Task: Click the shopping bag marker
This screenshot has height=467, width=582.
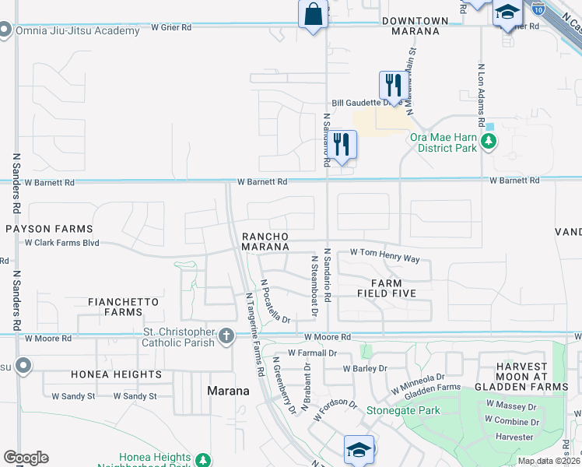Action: pos(312,16)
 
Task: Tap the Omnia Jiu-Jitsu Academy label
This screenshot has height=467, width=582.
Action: pos(75,30)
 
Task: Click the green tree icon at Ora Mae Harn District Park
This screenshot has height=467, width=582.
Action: pos(489,142)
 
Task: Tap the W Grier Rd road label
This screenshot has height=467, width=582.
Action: pos(171,27)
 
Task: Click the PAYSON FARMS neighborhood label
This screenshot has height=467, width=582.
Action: pos(49,230)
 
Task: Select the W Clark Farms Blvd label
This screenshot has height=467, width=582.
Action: pos(62,243)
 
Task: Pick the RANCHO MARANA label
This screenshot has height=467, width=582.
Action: pos(265,241)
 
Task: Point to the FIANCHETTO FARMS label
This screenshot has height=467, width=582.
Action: pos(123,307)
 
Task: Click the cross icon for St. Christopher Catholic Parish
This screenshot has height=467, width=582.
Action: pos(226,336)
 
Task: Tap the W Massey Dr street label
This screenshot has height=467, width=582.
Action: pos(511,406)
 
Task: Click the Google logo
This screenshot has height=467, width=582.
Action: pos(26,457)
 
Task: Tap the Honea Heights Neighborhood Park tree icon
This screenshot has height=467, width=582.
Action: pos(202,459)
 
